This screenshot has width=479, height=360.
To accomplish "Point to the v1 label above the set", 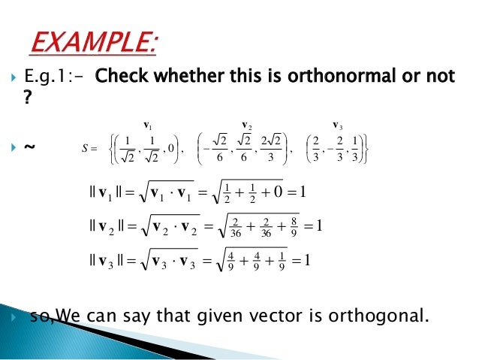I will point(147,118).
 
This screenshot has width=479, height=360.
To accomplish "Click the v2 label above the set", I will point(246,118).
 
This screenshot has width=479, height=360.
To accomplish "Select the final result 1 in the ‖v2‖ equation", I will point(318,225).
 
